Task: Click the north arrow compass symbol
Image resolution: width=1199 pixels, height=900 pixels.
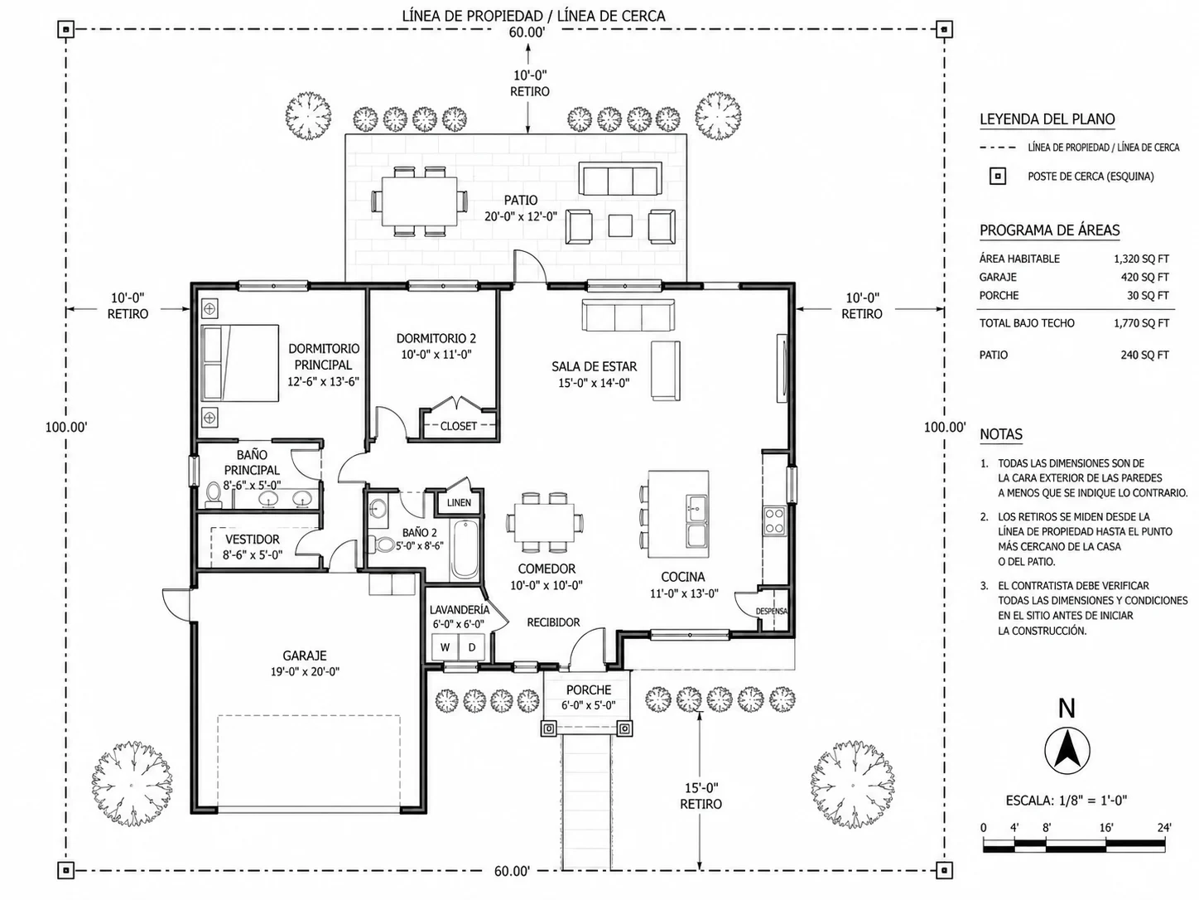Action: click(x=1067, y=751)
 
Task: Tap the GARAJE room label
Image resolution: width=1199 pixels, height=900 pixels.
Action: click(x=304, y=656)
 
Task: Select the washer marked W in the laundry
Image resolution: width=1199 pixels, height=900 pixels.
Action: click(x=445, y=647)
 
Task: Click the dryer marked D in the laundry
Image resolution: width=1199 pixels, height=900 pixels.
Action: click(x=471, y=647)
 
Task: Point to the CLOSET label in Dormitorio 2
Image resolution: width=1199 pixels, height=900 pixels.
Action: click(x=458, y=426)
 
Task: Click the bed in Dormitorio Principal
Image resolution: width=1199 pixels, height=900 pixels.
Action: click(x=240, y=363)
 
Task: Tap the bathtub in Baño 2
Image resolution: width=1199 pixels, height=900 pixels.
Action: click(x=465, y=549)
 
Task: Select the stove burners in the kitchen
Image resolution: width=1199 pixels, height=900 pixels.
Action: click(x=774, y=520)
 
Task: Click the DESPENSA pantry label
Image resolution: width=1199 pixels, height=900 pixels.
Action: click(x=771, y=611)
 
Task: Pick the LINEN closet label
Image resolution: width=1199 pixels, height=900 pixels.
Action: click(x=459, y=503)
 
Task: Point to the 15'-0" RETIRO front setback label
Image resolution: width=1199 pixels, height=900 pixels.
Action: click(x=701, y=796)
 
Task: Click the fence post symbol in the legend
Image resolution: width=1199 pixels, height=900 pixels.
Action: click(x=998, y=177)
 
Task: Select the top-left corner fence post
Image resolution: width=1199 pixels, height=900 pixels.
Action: click(x=65, y=29)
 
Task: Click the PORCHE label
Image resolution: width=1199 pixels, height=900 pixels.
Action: click(x=588, y=690)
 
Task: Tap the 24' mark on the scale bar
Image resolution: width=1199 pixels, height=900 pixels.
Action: click(x=1164, y=827)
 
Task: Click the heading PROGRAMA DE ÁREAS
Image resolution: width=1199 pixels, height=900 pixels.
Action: click(x=1049, y=230)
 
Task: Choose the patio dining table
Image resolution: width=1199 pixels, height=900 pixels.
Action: click(x=420, y=201)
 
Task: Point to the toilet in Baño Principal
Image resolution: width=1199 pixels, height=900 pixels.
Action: click(x=213, y=494)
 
